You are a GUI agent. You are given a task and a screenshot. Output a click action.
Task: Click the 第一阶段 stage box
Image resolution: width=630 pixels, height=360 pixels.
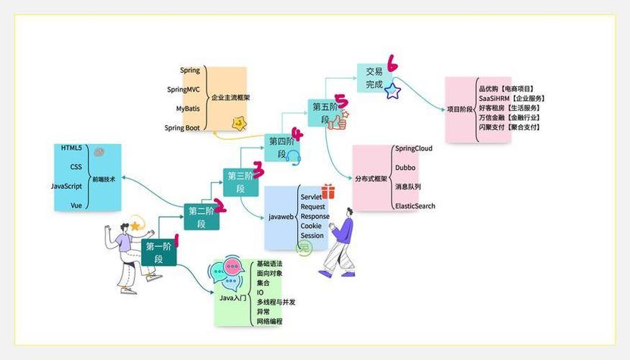coord(158,252)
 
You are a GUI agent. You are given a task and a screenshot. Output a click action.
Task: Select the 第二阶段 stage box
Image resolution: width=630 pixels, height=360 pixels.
coord(202,217)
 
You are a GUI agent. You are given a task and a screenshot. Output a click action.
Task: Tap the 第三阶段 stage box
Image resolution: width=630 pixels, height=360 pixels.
coord(240,183)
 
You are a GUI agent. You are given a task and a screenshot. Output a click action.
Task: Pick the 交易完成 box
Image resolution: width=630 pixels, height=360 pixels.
coord(374,78)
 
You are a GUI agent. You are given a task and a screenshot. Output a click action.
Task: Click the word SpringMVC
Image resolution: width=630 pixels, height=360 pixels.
coord(183,89)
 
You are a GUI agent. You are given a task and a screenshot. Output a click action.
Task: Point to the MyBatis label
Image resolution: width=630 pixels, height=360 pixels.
coord(188,108)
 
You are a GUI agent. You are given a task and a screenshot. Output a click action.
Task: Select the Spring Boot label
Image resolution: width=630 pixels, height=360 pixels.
coord(182,128)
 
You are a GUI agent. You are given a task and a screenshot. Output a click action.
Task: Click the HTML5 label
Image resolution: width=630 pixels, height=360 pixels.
coord(71,147)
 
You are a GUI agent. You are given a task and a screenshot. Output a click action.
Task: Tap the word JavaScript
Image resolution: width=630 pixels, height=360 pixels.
coord(66,186)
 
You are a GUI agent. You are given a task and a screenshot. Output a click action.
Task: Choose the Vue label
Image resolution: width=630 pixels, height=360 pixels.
coord(76,205)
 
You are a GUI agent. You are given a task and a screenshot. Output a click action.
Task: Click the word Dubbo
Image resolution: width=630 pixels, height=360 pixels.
coord(406,167)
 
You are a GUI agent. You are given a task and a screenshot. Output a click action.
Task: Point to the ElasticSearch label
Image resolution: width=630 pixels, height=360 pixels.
coord(415,206)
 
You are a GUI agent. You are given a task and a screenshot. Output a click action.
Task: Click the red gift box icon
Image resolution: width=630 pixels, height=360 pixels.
coord(328,192)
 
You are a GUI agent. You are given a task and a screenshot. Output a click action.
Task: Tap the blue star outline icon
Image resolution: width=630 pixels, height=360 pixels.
coord(392,92)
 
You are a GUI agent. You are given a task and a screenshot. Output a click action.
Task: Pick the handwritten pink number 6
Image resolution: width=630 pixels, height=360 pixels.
coord(392,63)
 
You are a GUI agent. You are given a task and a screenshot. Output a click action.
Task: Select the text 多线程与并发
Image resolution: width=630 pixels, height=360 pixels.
coord(276,302)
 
